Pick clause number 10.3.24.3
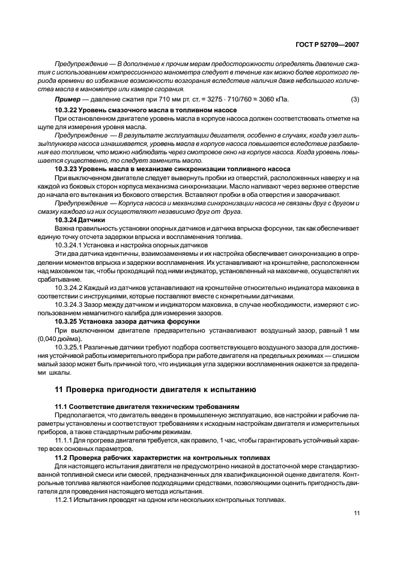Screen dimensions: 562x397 coord(71,305)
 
